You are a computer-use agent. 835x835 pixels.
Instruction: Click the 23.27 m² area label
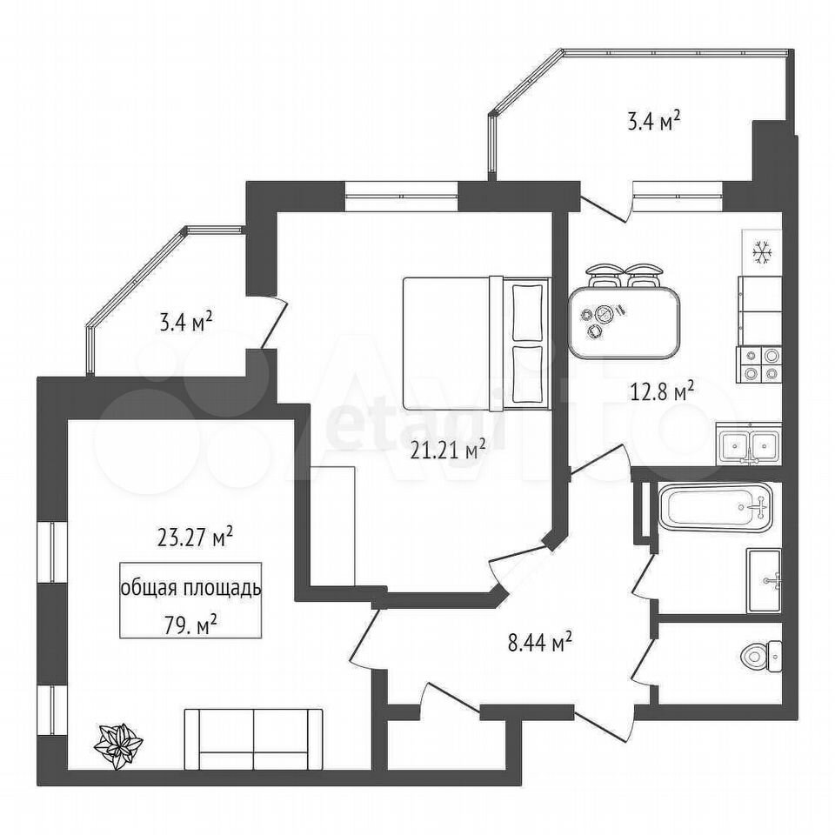coord(195,537)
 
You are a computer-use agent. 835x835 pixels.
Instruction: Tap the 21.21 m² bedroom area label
coord(447,451)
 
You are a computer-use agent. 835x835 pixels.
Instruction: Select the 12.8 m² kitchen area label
coord(662,393)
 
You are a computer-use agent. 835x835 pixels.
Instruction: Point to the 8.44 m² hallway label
coord(539,644)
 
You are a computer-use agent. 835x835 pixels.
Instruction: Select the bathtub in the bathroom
coord(715,506)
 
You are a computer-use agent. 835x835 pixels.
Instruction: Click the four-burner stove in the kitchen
coord(758,364)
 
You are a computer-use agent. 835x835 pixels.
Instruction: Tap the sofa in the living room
coord(253,739)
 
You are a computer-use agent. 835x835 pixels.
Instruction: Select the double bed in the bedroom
coord(476,343)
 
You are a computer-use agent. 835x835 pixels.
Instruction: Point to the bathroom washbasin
coord(765,580)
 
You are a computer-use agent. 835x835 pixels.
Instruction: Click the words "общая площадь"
coord(191,589)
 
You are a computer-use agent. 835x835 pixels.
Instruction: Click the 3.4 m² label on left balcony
coord(186,322)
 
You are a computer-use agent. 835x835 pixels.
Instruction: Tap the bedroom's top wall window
coord(402,196)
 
